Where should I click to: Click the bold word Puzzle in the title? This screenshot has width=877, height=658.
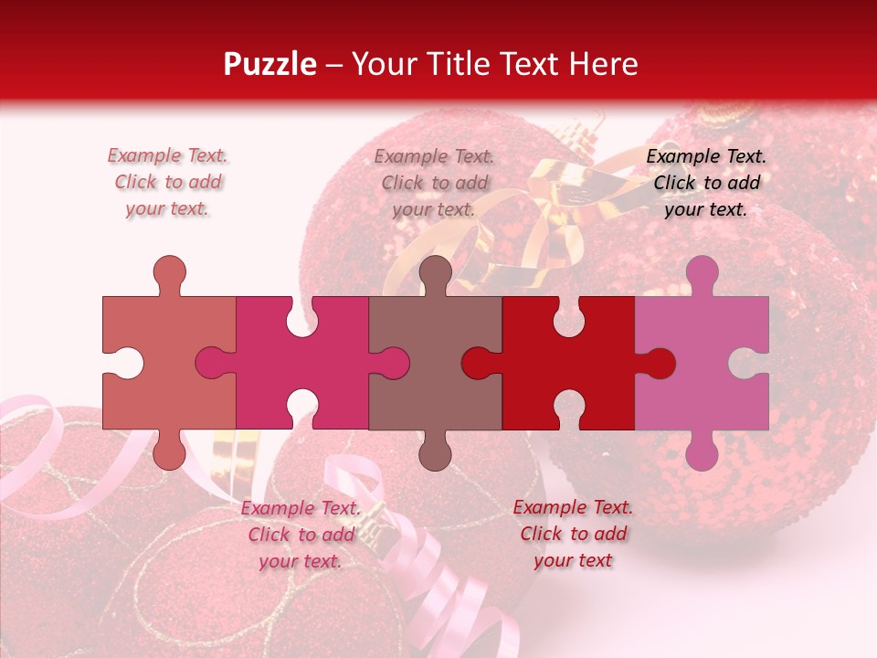[x=269, y=64]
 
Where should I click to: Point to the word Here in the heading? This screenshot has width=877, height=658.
[x=603, y=64]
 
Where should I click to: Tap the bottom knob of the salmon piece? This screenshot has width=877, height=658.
[x=169, y=453]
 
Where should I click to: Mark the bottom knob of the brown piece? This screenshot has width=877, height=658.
[x=436, y=453]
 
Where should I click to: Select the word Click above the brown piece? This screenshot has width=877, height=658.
[x=402, y=183]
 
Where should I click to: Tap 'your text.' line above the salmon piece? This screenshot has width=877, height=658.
[x=167, y=208]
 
